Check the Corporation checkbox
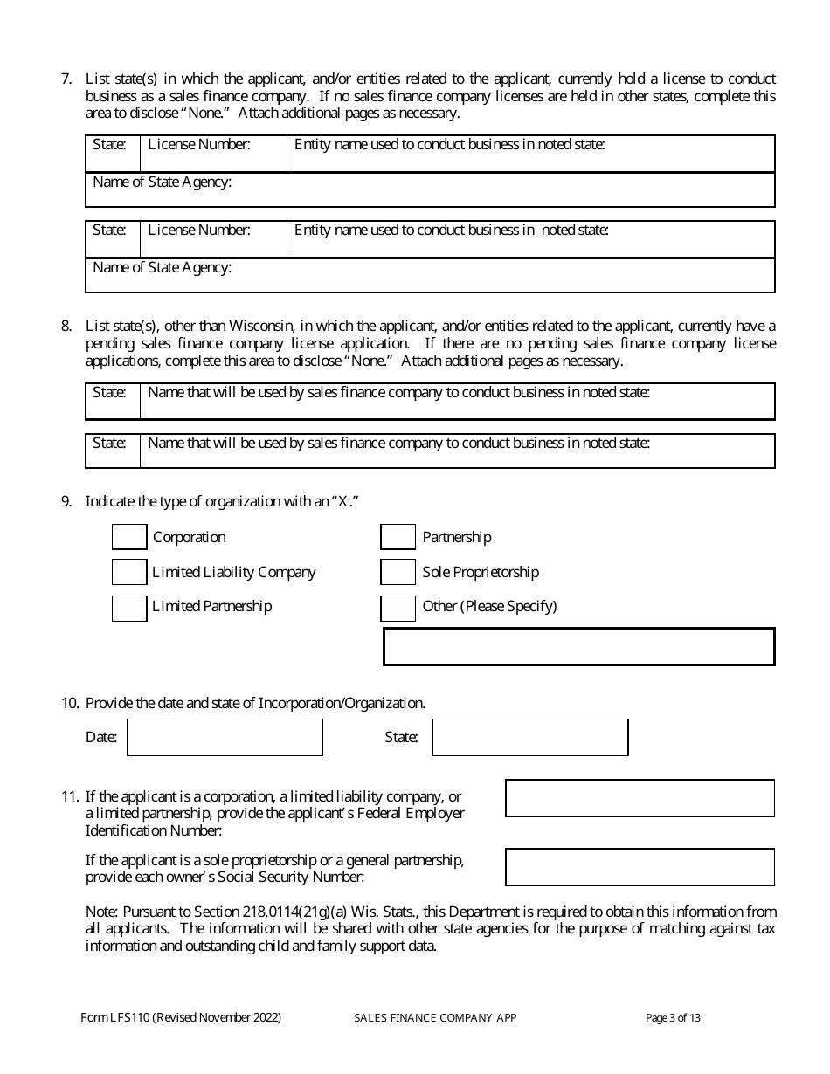click(x=129, y=537)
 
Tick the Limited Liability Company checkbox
click(x=129, y=572)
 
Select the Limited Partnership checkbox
click(x=129, y=607)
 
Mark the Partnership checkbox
click(x=398, y=537)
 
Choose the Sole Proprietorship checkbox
click(x=398, y=572)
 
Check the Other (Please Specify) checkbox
click(x=398, y=607)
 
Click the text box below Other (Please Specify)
click(x=578, y=647)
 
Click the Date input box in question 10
click(x=225, y=737)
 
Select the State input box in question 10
click(x=530, y=737)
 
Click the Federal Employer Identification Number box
click(x=640, y=798)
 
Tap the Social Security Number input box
click(x=640, y=867)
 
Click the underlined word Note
click(x=99, y=912)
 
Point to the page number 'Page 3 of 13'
click(x=673, y=1017)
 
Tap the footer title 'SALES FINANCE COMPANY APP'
click(x=435, y=1017)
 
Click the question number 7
click(x=66, y=79)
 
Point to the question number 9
click(x=66, y=501)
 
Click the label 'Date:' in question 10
click(x=101, y=738)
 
